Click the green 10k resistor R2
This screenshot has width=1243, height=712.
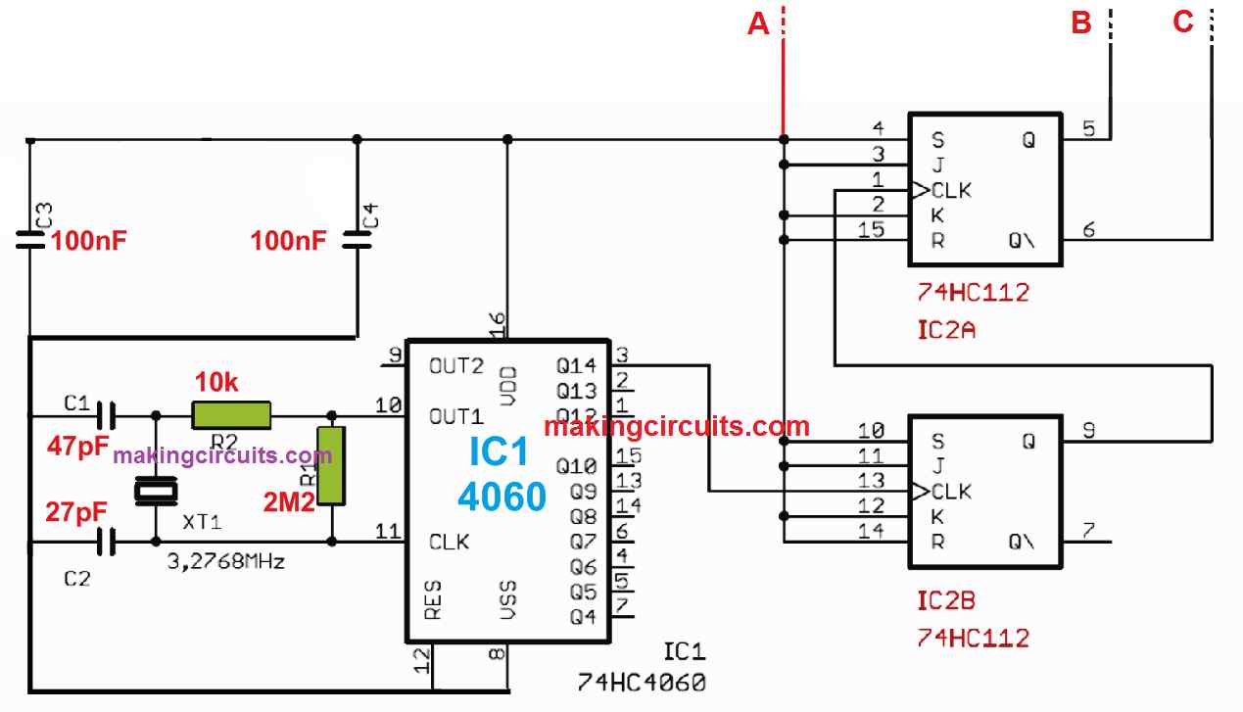(230, 415)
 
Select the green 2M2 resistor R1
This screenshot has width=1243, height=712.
(331, 465)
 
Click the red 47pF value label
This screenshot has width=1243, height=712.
(77, 447)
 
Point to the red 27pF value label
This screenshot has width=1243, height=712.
(76, 513)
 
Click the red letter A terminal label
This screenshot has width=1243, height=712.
(758, 24)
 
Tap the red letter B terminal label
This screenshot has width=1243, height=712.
(1081, 24)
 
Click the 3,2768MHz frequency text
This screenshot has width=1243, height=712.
(227, 563)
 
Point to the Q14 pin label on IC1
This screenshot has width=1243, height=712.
(575, 365)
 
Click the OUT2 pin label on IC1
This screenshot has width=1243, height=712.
(456, 365)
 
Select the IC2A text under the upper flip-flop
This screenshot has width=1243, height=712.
(947, 330)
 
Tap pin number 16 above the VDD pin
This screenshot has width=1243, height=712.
(497, 323)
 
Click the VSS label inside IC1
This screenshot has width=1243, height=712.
(508, 599)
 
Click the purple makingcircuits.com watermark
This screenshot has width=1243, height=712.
(221, 455)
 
